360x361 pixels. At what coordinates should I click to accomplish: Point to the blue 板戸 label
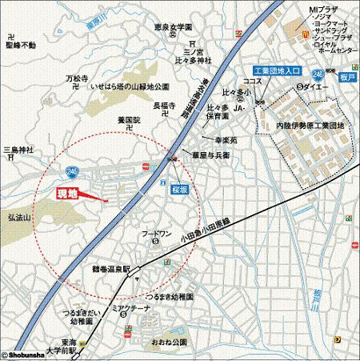pos(346,76)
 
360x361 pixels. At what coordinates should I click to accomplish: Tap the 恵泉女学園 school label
pos(176,27)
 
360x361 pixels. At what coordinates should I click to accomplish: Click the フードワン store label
pos(158,235)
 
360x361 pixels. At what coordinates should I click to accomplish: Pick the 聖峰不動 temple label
pos(20,46)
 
